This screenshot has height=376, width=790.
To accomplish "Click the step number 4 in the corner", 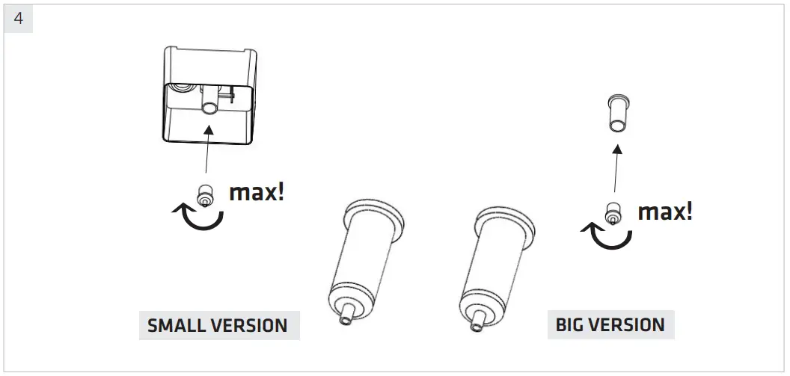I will (x=18, y=19).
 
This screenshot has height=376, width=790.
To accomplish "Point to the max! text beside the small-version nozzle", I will (x=257, y=192).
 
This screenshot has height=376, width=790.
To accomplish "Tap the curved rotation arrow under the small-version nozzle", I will (x=198, y=218).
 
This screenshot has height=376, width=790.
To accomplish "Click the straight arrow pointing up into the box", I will (x=207, y=153).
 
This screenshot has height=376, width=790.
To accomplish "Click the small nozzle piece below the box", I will (x=203, y=196).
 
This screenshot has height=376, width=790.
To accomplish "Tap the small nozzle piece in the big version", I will (x=613, y=215).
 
